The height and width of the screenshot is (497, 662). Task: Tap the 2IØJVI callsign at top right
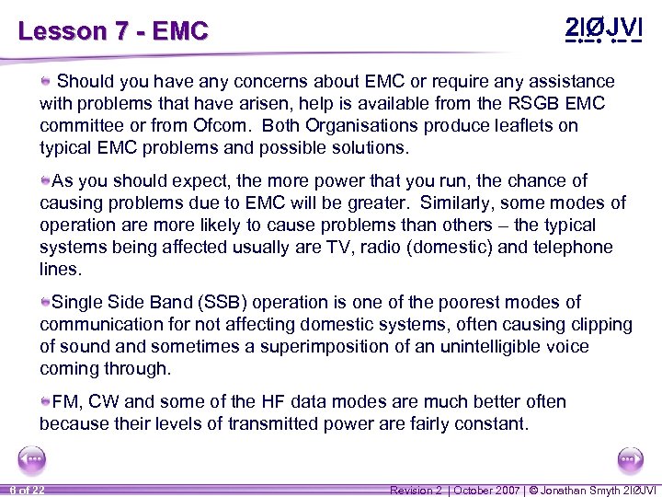point(601,28)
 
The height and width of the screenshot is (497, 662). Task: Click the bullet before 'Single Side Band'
point(45,302)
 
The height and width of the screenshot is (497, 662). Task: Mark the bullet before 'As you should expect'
point(45,180)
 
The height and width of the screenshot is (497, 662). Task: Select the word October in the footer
point(488,490)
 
